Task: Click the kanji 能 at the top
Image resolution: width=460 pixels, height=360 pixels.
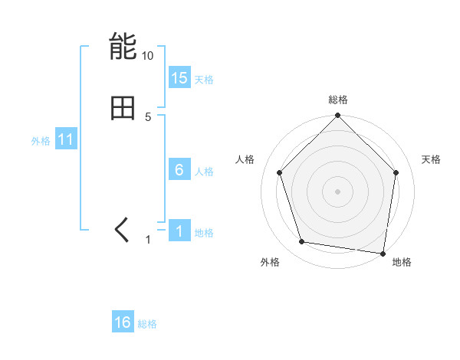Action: click(x=123, y=47)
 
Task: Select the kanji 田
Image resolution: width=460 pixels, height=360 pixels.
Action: click(x=123, y=108)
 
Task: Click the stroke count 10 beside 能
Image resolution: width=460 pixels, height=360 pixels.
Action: click(x=148, y=56)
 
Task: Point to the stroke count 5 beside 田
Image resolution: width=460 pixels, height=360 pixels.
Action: click(x=148, y=117)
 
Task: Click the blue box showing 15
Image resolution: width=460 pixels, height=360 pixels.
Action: click(x=179, y=78)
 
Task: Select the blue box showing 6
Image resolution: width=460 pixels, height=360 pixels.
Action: click(x=179, y=170)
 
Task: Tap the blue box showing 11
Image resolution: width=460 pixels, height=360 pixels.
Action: click(x=66, y=139)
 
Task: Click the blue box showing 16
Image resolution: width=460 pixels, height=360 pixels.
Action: click(x=123, y=322)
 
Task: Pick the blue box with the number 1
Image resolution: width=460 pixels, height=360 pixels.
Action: click(x=179, y=231)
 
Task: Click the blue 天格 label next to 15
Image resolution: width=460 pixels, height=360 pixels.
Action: click(x=204, y=80)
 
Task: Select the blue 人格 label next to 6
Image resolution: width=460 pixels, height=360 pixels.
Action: click(x=204, y=172)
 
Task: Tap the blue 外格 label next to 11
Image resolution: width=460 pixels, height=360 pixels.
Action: click(x=41, y=141)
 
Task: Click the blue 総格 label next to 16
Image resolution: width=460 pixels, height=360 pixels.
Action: click(x=147, y=324)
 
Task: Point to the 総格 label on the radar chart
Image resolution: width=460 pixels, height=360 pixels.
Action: click(x=338, y=100)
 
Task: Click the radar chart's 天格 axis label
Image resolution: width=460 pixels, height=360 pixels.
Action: click(x=432, y=159)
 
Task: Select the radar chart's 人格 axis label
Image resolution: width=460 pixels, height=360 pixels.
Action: click(x=245, y=159)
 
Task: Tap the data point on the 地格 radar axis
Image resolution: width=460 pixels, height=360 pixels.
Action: click(x=383, y=253)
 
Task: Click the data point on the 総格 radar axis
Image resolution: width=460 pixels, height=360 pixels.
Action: click(x=338, y=116)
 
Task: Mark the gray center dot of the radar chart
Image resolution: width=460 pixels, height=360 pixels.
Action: click(x=338, y=191)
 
